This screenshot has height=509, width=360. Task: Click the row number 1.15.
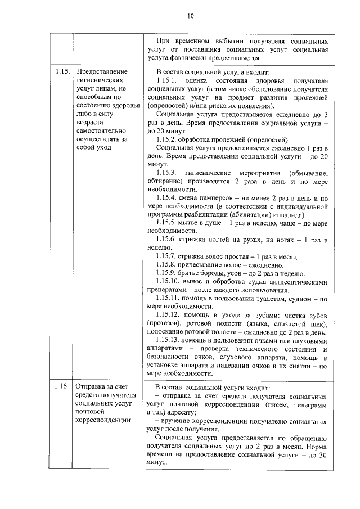pyautogui.click(x=62, y=72)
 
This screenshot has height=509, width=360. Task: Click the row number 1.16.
pyautogui.click(x=62, y=386)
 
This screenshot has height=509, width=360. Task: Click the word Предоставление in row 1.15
pyautogui.click(x=102, y=72)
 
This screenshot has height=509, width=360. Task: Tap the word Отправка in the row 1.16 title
pyautogui.click(x=92, y=386)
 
